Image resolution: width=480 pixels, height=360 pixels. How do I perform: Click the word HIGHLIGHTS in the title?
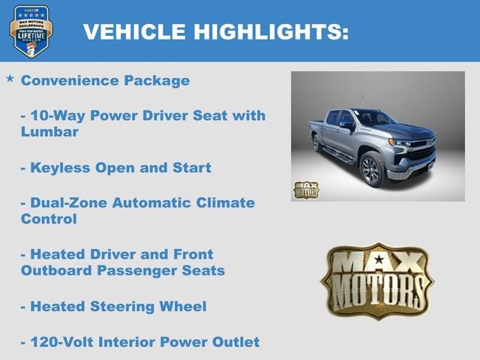click(271, 31)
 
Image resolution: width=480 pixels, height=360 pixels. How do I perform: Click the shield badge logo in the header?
click(31, 30)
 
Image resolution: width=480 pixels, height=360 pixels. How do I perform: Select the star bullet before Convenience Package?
click(10, 78)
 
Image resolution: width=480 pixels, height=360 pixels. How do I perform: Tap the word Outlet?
click(235, 342)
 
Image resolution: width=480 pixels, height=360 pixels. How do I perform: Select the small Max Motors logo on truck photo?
click(306, 189)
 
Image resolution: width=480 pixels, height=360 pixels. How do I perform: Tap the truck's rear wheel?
click(318, 142)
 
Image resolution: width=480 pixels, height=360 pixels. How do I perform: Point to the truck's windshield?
click(373, 118)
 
